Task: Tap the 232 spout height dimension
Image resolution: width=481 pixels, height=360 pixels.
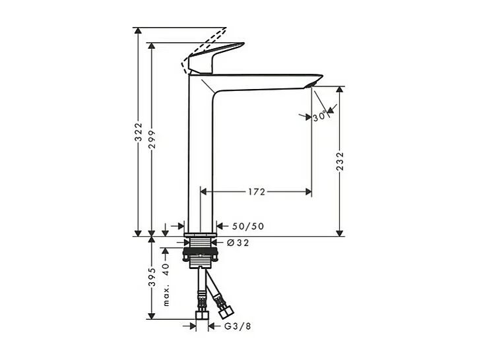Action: click(x=340, y=162)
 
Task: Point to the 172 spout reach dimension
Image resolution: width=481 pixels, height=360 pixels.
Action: click(x=256, y=192)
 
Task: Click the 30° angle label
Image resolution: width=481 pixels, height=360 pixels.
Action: click(x=321, y=116)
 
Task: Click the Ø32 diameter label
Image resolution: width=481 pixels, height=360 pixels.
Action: click(x=238, y=243)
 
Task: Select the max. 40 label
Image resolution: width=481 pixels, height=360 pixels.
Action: click(x=166, y=284)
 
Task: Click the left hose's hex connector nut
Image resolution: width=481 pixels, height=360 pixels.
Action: click(x=201, y=306)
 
